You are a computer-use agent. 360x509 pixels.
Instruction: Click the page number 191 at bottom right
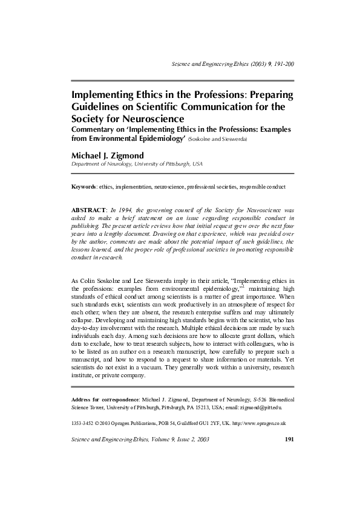coord(289,439)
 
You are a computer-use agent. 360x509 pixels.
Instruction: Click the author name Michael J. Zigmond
coord(108,155)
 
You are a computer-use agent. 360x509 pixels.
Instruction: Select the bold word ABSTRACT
coord(88,209)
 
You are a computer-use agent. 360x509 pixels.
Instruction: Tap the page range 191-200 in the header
coord(281,63)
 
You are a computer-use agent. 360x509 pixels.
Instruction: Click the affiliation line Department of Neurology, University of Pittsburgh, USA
coord(137,164)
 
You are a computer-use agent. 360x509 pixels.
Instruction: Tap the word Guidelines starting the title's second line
coord(99,107)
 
